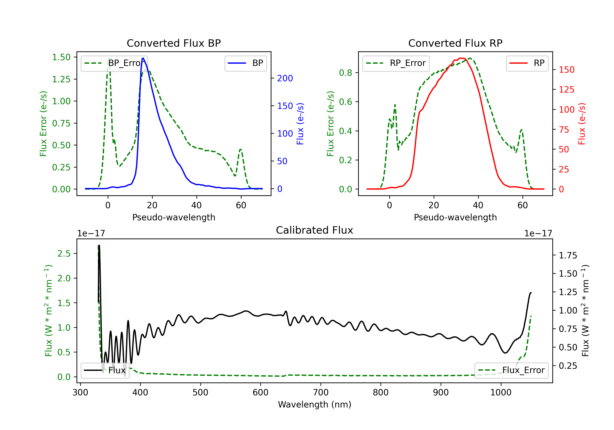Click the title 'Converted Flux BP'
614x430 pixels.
tap(174, 43)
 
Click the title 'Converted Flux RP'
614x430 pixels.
tap(455, 43)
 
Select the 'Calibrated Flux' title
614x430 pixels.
tap(315, 230)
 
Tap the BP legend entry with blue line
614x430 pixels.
tap(245, 63)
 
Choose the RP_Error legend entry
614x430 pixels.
tap(396, 63)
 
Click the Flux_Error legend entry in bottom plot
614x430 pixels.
tap(511, 370)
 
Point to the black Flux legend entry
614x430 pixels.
tap(105, 370)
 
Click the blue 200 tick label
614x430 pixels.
tap(285, 78)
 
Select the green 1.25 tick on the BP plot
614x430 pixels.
tap(61, 79)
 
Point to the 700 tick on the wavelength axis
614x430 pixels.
tap(321, 393)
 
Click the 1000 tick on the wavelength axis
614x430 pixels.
tap(501, 393)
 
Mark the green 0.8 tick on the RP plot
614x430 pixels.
tap(345, 72)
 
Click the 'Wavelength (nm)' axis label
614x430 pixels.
tap(315, 404)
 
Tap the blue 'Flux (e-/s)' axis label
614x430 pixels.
tap(300, 124)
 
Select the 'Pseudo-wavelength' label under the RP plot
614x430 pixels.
tap(455, 217)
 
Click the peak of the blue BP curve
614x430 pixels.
tap(143, 58)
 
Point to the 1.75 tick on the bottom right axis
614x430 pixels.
tap(568, 256)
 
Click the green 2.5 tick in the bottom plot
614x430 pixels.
tap(64, 253)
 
